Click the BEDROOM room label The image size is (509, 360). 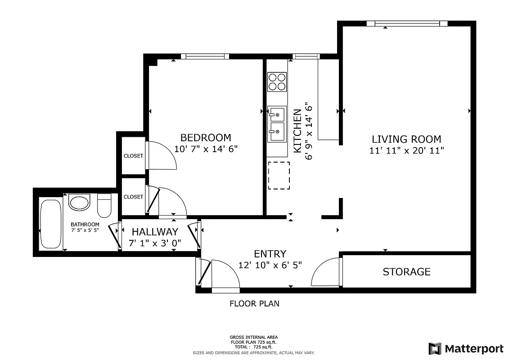tap(206, 138)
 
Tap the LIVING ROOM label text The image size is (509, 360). tap(406, 139)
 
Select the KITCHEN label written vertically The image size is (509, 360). tap(297, 131)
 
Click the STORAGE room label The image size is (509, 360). tap(406, 272)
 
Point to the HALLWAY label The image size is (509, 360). tap(155, 232)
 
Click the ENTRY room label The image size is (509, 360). tap(270, 254)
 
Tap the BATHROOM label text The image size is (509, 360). tap(85, 225)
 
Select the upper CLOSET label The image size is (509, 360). tap(133, 156)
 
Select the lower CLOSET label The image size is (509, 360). tap(133, 197)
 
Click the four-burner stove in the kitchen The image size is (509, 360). tap(277, 81)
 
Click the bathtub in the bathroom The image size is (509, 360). tap(50, 224)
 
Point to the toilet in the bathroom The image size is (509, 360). tap(104, 206)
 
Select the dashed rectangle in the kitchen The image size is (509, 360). tap(279, 175)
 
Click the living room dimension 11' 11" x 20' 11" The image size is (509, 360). tap(406, 151)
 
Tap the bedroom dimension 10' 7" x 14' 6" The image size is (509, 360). tap(206, 149)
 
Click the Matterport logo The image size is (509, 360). tap(466, 348)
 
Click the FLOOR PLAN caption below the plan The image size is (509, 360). tap(254, 304)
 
